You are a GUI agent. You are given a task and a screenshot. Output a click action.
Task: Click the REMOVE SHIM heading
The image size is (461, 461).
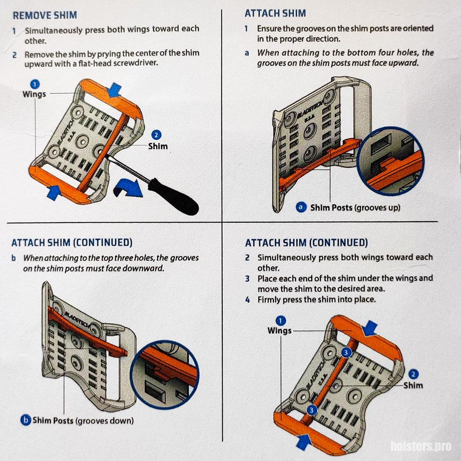click(x=45, y=15)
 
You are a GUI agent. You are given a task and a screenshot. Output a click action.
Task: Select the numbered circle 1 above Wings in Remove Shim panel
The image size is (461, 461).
click(x=35, y=85)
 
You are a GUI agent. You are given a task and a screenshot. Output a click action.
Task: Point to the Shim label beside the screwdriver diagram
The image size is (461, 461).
click(x=158, y=146)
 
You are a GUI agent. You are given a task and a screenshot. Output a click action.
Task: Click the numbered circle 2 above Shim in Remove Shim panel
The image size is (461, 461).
click(x=156, y=135)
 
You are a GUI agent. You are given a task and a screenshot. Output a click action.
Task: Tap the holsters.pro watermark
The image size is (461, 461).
click(x=421, y=446)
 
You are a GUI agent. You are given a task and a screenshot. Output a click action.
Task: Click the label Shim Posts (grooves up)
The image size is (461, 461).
click(x=355, y=207)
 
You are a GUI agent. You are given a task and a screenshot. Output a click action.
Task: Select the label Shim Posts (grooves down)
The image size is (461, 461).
click(x=83, y=420)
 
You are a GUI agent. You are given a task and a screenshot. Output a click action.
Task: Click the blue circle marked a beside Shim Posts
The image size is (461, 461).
click(x=301, y=207)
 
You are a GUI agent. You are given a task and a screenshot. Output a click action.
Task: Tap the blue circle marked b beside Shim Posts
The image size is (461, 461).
click(x=25, y=420)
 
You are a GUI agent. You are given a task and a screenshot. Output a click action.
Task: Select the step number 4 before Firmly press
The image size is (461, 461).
click(x=248, y=300)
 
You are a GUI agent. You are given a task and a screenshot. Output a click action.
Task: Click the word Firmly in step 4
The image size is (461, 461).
click(x=268, y=300)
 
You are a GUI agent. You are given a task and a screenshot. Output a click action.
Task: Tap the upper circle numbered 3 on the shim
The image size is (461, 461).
click(x=346, y=353)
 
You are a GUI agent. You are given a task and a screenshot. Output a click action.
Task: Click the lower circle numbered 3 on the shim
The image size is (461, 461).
click(x=312, y=409)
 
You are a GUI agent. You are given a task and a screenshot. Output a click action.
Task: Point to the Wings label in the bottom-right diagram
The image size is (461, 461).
click(x=279, y=331)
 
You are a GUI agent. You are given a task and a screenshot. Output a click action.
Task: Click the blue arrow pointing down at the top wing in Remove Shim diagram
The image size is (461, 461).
click(x=115, y=90)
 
